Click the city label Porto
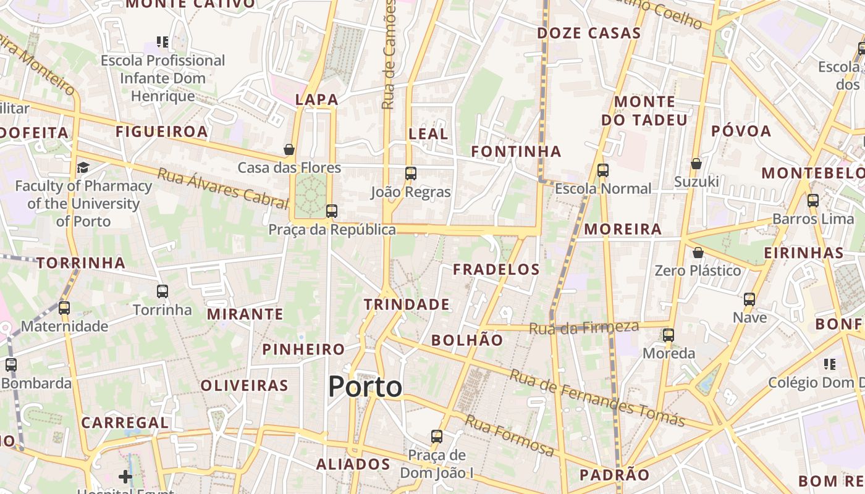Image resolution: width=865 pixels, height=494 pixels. coord(365,387)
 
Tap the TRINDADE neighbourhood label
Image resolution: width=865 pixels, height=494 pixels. coord(407,304)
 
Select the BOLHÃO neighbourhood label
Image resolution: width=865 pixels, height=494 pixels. coord(467,340)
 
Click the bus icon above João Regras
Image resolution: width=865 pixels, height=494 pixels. coord(411,174)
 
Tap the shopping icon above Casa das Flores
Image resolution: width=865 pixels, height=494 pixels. coord(289,149)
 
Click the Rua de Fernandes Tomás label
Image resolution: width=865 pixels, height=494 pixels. coord(597,398)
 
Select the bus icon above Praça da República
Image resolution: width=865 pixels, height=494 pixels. coord(332,211)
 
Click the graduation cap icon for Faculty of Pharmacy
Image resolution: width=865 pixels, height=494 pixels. coord(83,167)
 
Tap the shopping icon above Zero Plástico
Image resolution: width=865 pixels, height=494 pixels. coord(698,253)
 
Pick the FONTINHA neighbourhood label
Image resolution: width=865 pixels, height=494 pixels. coord(516,151)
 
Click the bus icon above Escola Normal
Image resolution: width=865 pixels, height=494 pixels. coord(603,170)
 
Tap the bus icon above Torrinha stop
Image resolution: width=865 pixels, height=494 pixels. coord(162,291)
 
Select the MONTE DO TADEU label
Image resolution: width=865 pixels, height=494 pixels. coord(644,111)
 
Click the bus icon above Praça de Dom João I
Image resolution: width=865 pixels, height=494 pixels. coord(437,437)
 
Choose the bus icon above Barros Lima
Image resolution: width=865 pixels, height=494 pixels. coord(813,201)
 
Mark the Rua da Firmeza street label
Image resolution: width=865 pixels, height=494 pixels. coord(584,327)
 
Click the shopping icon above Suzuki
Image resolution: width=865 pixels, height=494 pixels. coord(696,164)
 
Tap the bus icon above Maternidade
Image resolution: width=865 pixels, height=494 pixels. coord(64,308)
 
